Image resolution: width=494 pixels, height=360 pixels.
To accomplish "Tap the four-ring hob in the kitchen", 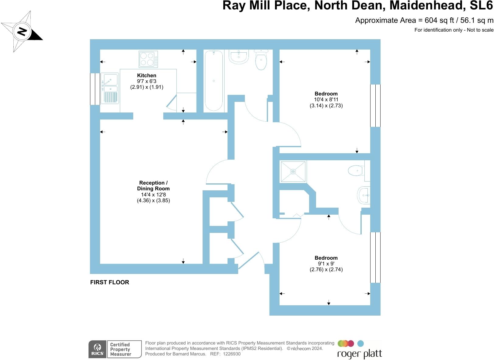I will pos(148,59).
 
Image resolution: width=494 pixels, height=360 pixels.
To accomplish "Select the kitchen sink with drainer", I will pos(109,88).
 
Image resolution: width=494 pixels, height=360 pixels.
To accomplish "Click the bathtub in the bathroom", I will pos(214,81).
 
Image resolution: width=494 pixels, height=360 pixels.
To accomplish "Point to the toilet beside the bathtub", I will pos(261,60).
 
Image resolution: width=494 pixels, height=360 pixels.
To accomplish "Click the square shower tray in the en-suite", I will pos(293,172).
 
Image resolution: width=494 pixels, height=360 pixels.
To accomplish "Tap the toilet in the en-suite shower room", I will pos(356,171).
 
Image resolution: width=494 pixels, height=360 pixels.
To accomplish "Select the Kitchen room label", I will pos(147,75).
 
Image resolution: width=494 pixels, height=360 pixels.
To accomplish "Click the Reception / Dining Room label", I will pos(153,185).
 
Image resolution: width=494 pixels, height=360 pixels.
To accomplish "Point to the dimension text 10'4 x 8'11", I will pos(326,99).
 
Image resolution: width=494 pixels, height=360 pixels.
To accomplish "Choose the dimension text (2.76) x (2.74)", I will pos(326,269).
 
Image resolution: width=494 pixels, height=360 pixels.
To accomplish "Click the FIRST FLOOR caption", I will pos(110,282).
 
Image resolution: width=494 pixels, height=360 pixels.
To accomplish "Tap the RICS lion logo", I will pos(97,349).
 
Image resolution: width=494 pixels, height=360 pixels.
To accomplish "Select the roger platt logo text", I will pos(360,354).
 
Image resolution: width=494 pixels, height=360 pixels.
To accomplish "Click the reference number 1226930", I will pos(231,354).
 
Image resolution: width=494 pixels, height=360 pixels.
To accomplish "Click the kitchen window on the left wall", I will pos(95,89).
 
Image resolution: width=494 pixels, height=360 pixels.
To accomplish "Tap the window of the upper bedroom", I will pos(375,106).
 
